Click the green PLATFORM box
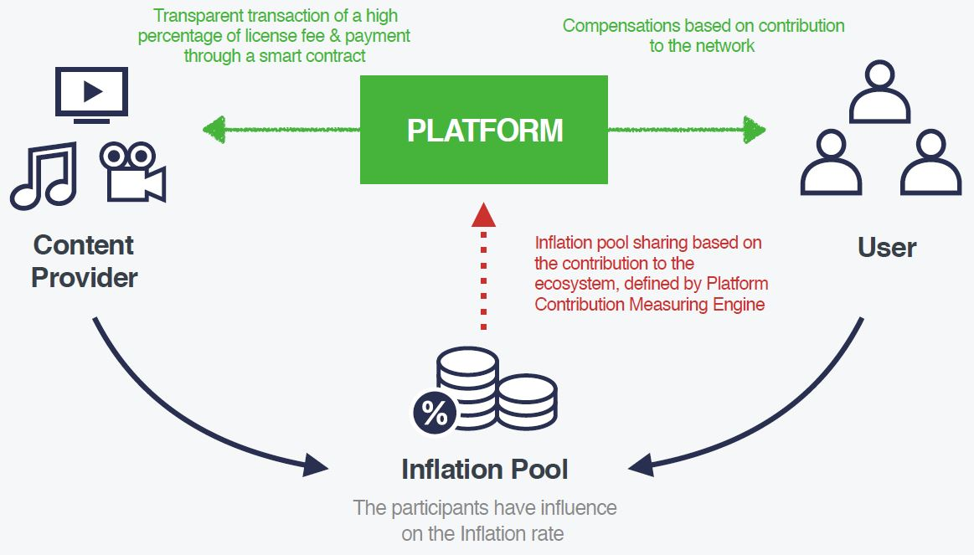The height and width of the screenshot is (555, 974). [x=484, y=130]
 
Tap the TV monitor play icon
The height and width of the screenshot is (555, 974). [x=91, y=95]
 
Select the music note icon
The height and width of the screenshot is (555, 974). [x=44, y=176]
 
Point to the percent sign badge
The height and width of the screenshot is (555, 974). [x=434, y=414]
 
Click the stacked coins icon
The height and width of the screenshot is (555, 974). [x=494, y=389]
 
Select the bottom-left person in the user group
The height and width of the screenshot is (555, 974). [x=830, y=162]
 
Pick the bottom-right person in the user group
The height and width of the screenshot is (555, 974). [x=930, y=162]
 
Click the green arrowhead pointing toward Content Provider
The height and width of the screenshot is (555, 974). [x=214, y=129]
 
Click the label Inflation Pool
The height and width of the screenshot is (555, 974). [x=484, y=469]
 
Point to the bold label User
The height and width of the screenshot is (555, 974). [x=887, y=248]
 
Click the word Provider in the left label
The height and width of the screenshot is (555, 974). [x=85, y=277]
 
